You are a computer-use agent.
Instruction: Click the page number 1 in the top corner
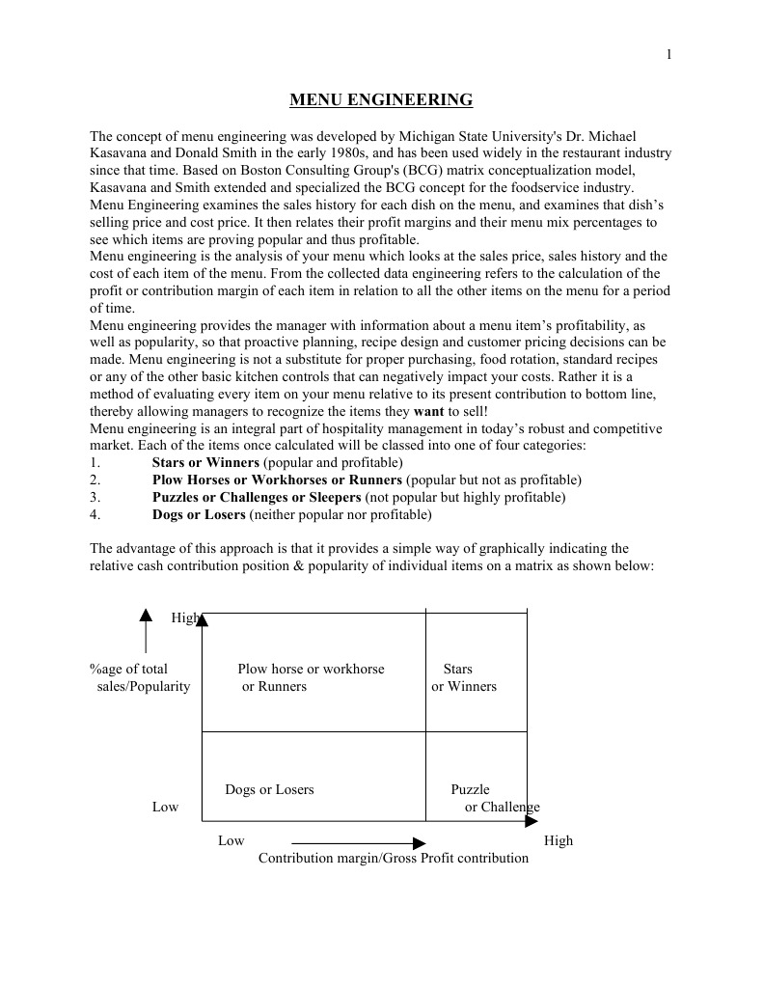[x=668, y=55]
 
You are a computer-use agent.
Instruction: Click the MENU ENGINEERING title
[x=381, y=99]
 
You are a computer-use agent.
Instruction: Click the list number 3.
[x=95, y=497]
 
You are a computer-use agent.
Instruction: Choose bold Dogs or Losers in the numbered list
[x=199, y=514]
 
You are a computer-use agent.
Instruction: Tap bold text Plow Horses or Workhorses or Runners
[x=277, y=480]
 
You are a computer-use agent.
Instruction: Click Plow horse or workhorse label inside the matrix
[x=311, y=669]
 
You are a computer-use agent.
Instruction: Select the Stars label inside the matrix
[x=458, y=669]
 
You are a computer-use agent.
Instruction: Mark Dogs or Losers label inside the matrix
[x=269, y=789]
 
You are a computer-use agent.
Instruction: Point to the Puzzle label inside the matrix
[x=471, y=789]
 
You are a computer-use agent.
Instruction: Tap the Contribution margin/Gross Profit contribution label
[x=394, y=858]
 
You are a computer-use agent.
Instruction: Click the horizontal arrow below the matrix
[x=358, y=842]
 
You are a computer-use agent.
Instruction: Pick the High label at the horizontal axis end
[x=559, y=840]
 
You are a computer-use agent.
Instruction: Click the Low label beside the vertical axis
[x=165, y=807]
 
